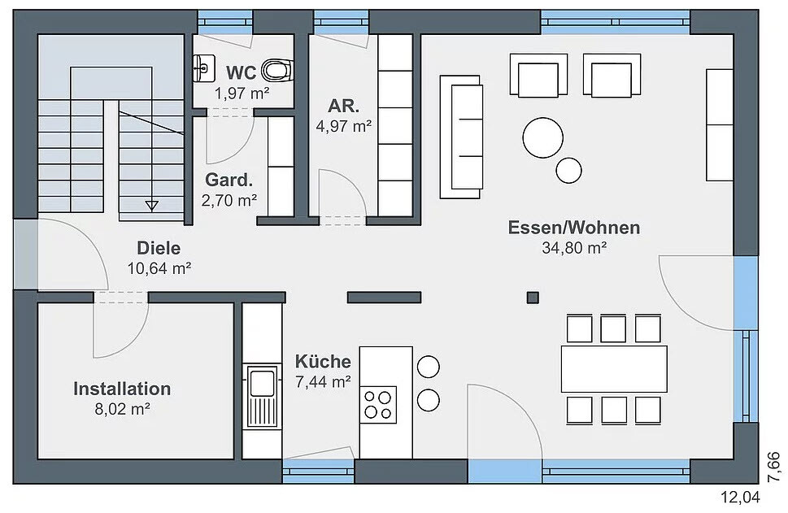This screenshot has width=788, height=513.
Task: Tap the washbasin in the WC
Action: [x=204, y=68]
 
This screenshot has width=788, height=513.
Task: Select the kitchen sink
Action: [x=263, y=397]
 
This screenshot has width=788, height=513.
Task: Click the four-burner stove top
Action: [x=378, y=405]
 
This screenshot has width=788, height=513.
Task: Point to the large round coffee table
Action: [x=542, y=137]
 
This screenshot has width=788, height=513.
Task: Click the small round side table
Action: [x=569, y=171]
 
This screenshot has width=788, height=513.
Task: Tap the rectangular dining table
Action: [x=614, y=369]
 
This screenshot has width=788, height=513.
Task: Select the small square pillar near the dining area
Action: [x=533, y=298]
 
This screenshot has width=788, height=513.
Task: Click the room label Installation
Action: [x=122, y=389]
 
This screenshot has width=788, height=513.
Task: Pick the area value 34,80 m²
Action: [x=574, y=248]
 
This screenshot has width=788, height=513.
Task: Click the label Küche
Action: [x=323, y=361]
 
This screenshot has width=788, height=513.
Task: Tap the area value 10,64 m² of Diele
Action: [x=159, y=268]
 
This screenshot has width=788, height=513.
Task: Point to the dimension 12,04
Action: [x=741, y=498]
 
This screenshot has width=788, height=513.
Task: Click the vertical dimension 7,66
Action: [x=776, y=468]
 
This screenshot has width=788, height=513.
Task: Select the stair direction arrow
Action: [x=151, y=205]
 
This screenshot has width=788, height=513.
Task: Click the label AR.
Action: [x=344, y=106]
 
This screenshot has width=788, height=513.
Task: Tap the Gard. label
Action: [x=229, y=180]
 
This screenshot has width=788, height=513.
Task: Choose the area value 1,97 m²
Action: [x=242, y=93]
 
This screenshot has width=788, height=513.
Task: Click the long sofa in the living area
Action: [x=461, y=137]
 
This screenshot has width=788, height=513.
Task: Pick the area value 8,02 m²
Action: [x=122, y=409]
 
